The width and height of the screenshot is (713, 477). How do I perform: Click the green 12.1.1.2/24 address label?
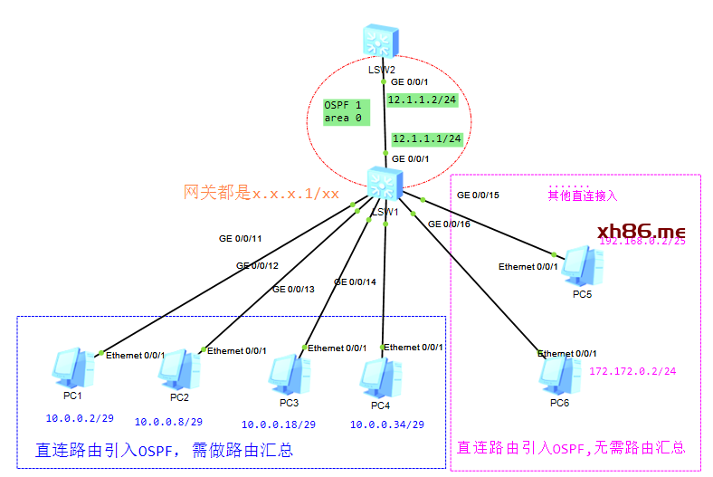[x=423, y=100]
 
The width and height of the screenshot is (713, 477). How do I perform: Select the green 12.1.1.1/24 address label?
[x=427, y=138]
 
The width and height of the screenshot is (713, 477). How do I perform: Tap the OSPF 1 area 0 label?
[x=343, y=111]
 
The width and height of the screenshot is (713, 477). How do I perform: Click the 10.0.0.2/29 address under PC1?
[x=80, y=418]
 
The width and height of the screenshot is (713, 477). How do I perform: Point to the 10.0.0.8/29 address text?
[x=169, y=422]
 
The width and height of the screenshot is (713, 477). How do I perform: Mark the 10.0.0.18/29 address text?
[x=278, y=425]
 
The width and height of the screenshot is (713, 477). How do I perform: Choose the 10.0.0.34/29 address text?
[x=387, y=425]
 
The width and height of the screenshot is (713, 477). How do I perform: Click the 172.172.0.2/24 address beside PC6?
[x=632, y=371]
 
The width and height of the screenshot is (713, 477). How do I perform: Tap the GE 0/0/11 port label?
[x=240, y=240]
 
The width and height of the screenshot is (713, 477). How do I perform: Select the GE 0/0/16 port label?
[x=450, y=224]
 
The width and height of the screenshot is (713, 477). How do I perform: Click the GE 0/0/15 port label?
[x=478, y=195]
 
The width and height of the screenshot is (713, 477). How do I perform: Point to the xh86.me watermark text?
[x=642, y=232]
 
